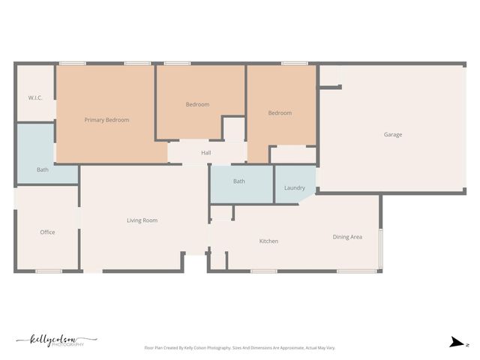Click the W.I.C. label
point(34,98)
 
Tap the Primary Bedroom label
point(106,120)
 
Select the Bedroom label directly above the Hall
point(197,104)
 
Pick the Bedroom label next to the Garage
point(280,113)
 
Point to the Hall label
point(205,153)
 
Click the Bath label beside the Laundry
point(238,181)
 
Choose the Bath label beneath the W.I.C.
point(43,169)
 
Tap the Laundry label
point(294,187)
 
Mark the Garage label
point(393,135)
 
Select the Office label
point(47,232)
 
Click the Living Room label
point(142,220)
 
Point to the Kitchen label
point(268,241)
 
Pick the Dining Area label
point(347,237)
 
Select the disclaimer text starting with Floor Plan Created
point(240,348)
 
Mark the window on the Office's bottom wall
point(49,271)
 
